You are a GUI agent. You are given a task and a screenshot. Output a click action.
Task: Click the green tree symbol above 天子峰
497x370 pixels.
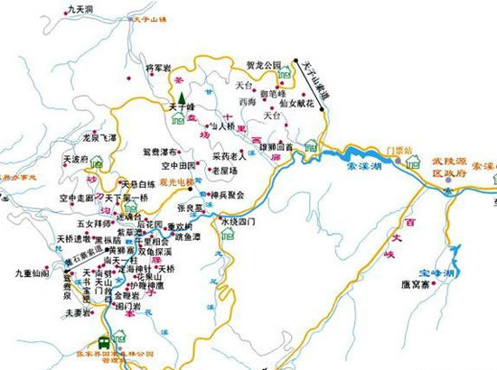pyautogui.click(x=180, y=97)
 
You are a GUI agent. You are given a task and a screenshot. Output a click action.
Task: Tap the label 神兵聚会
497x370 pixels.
pyautogui.click(x=229, y=194)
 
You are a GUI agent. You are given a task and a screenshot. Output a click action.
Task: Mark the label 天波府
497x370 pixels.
pyautogui.click(x=75, y=158)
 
